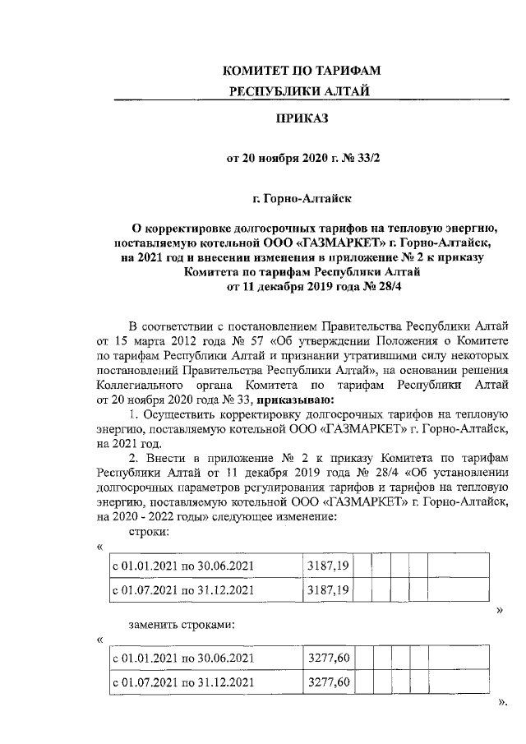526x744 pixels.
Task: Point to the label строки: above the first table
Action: click(x=149, y=533)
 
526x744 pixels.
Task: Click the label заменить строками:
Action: click(x=181, y=625)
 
